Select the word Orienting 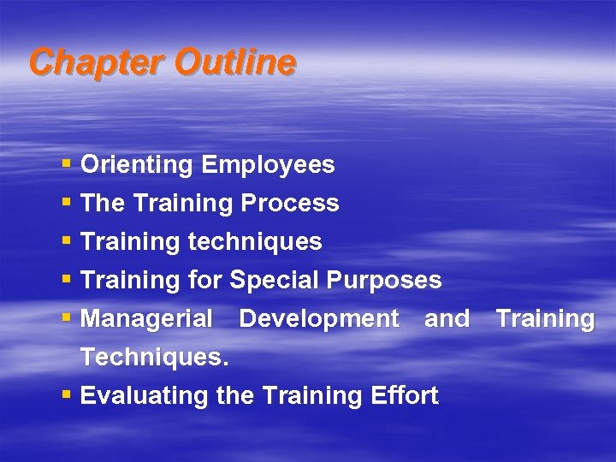pyautogui.click(x=137, y=165)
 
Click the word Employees pyautogui.click(x=268, y=164)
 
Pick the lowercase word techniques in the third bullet pyautogui.click(x=254, y=242)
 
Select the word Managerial pyautogui.click(x=146, y=319)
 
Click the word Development pyautogui.click(x=319, y=319)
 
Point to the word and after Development pyautogui.click(x=447, y=319)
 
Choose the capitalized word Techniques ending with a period pyautogui.click(x=154, y=358)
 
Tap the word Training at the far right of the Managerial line pyautogui.click(x=545, y=319)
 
